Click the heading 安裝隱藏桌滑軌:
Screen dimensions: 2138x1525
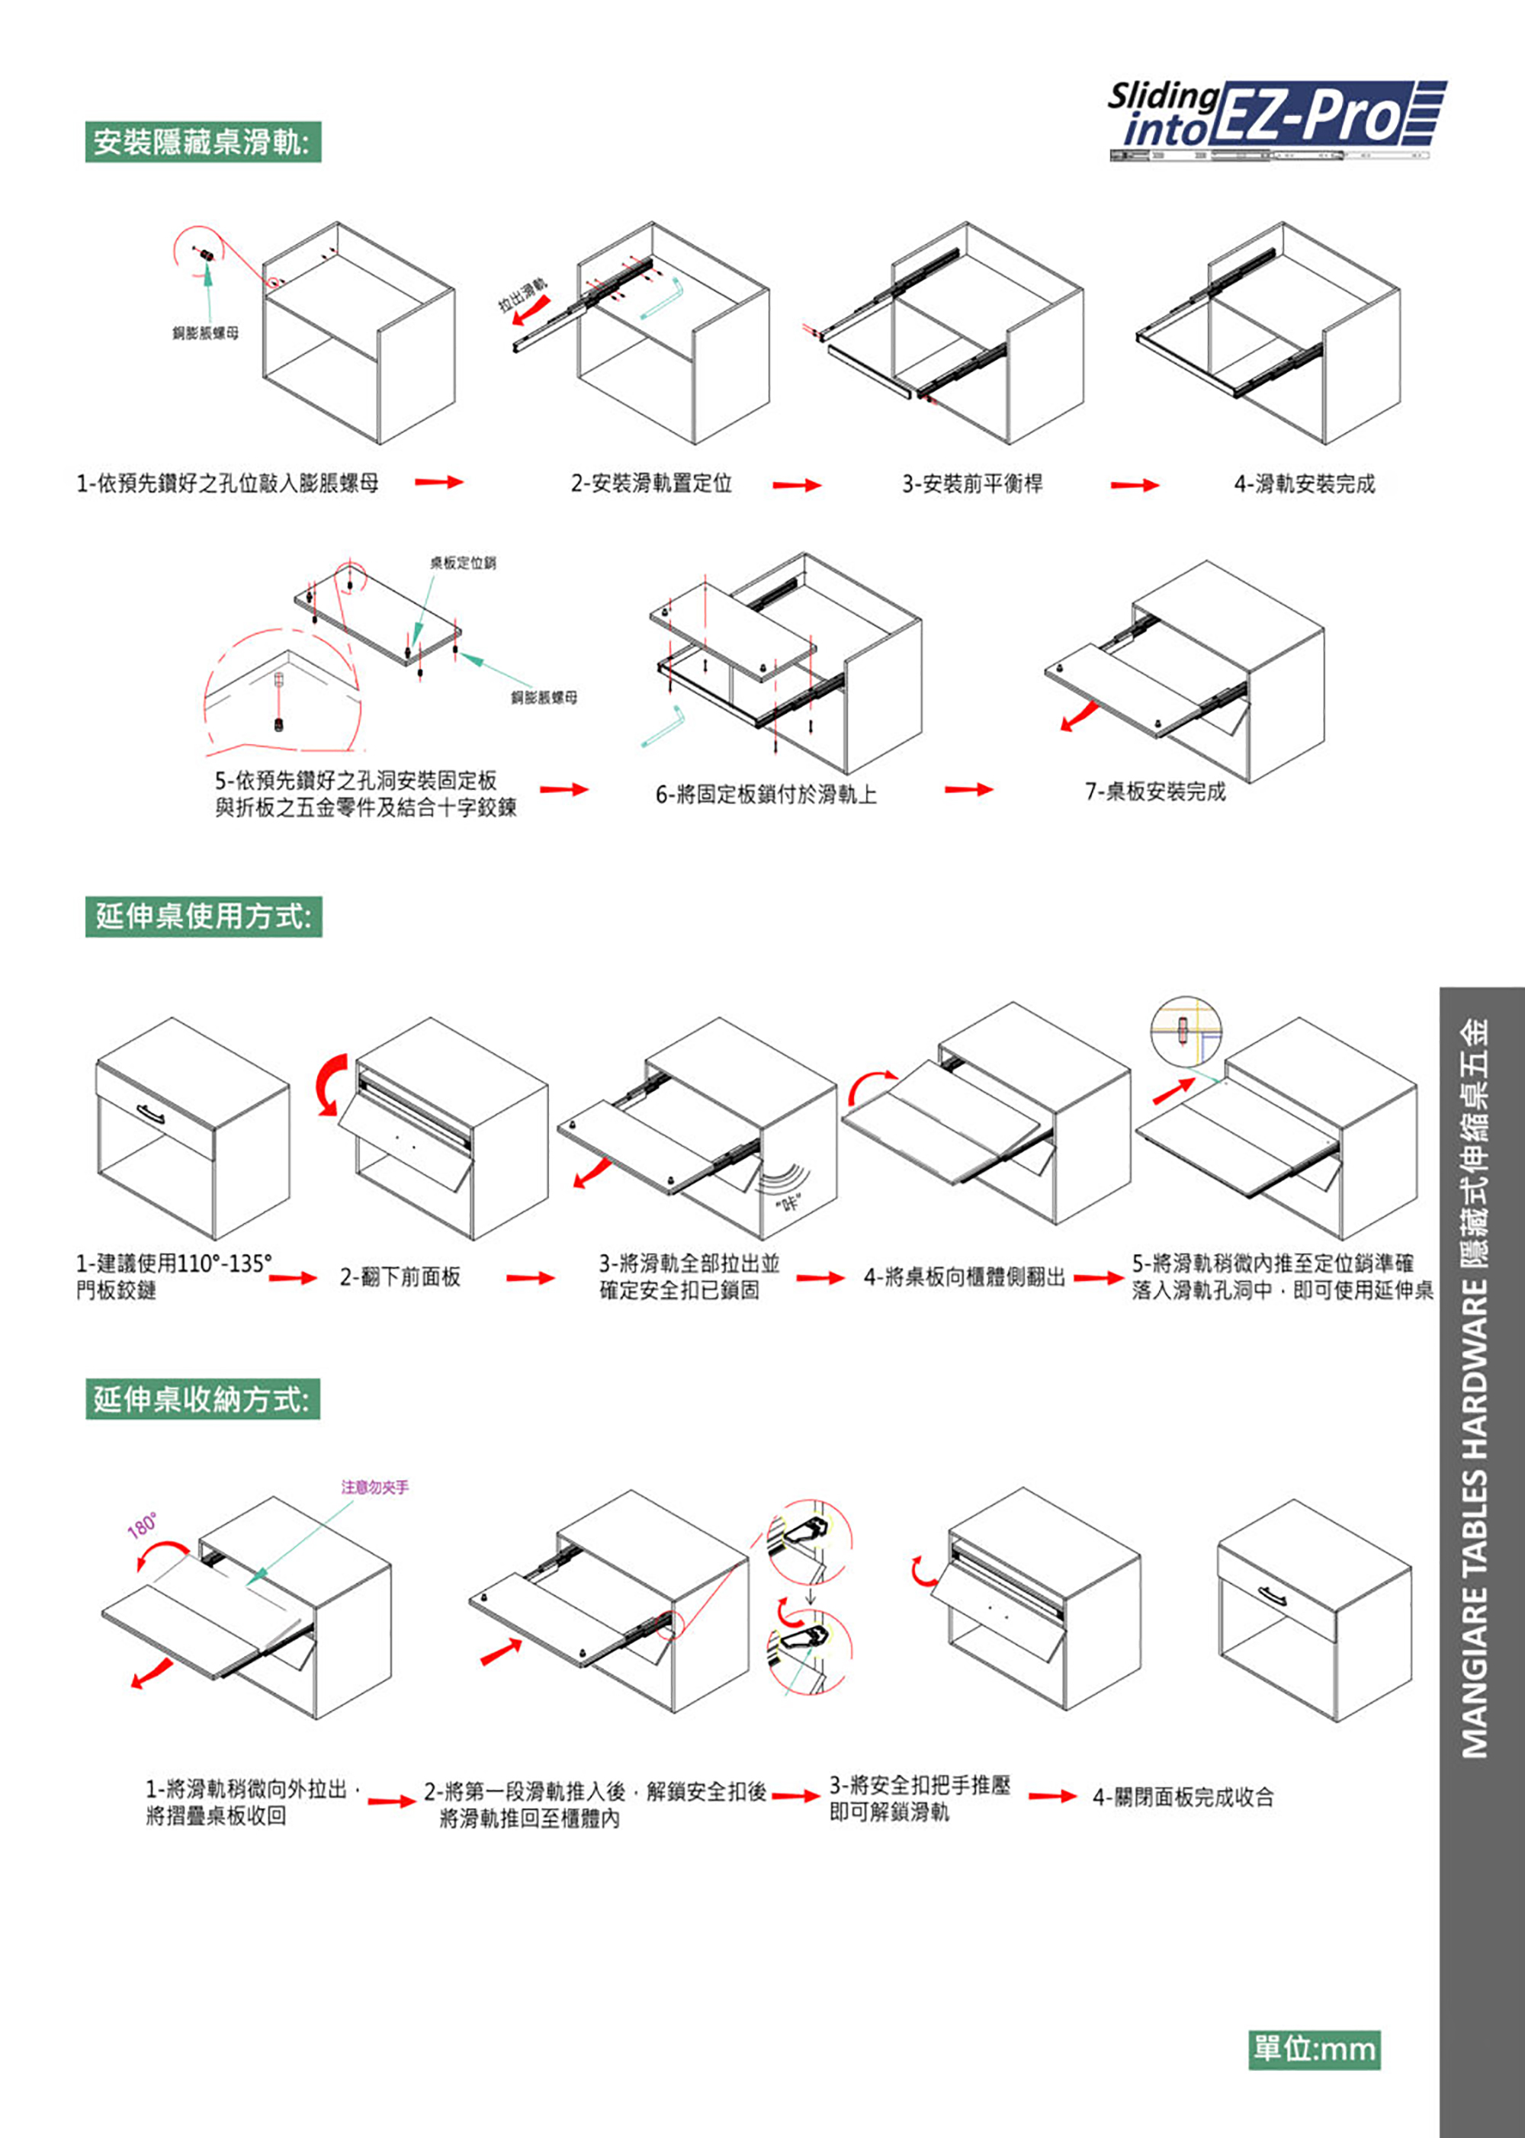pos(203,142)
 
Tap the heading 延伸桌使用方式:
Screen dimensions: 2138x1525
pos(204,916)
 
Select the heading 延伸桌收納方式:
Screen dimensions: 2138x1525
pos(203,1399)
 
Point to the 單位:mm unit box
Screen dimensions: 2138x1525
pos(1315,2049)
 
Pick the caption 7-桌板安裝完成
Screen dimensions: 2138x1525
pos(1155,791)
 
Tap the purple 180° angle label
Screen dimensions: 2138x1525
pos(143,1525)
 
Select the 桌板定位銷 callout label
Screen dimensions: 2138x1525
pos(463,563)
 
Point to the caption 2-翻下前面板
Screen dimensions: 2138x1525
pos(400,1277)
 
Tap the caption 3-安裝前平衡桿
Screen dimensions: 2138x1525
pos(972,483)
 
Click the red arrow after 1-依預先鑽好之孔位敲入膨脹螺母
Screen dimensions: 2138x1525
pos(439,483)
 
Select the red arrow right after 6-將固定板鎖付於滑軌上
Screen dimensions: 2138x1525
pos(968,790)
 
